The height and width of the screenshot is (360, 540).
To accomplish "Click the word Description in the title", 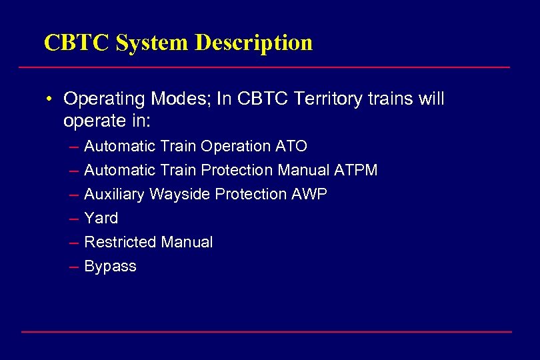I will [253, 43].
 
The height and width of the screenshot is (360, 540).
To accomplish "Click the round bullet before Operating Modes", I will [50, 99].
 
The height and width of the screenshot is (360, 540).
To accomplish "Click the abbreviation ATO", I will [291, 146].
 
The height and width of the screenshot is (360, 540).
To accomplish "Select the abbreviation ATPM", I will [356, 170].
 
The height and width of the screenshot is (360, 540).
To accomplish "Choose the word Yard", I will [101, 218].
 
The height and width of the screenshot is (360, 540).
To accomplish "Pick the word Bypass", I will [110, 267].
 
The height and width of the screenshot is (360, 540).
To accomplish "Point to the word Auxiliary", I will [115, 194].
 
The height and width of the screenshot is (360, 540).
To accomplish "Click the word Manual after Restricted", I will [189, 242].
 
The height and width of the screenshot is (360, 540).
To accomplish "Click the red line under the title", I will [264, 67].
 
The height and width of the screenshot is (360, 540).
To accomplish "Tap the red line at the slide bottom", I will [267, 331].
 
